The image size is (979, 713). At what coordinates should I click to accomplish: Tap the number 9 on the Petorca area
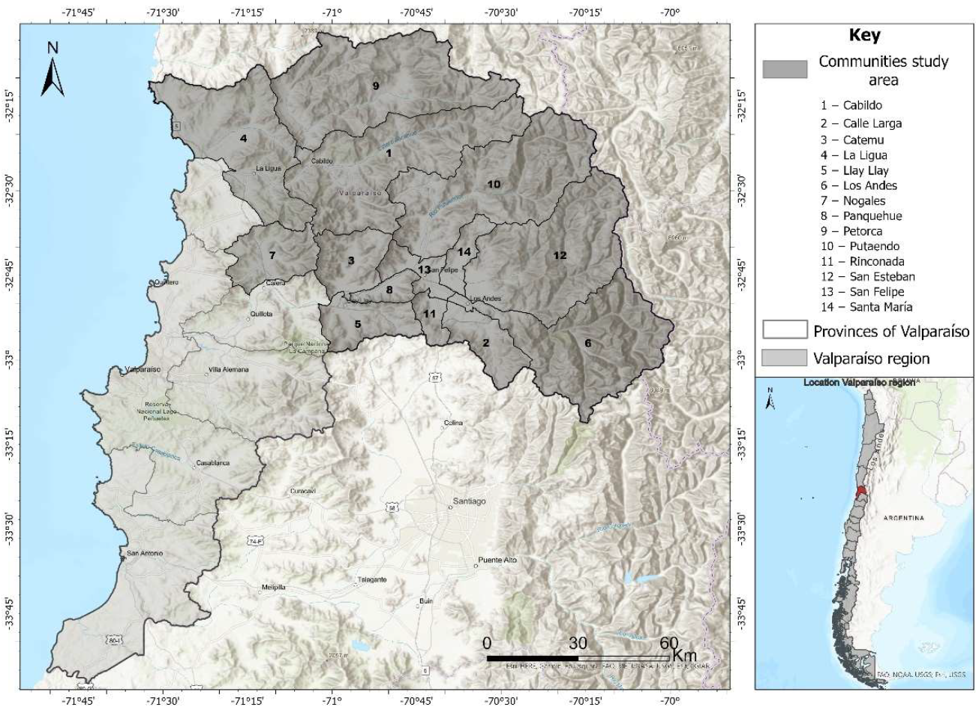coord(376,86)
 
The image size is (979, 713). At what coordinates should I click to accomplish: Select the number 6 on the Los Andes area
coord(587,343)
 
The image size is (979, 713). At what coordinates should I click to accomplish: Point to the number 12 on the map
coord(560,255)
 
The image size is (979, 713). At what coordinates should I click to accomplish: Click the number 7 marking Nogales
coord(272,255)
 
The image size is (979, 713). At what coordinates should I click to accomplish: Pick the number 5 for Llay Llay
coord(358,324)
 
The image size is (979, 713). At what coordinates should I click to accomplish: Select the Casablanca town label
coord(212,463)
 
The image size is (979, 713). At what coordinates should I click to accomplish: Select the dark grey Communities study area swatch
coord(785,69)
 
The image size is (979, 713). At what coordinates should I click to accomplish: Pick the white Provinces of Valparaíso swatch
coord(785,330)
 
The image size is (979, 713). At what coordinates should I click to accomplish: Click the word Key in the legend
coord(864,35)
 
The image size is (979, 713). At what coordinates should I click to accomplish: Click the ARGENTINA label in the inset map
coord(903,518)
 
